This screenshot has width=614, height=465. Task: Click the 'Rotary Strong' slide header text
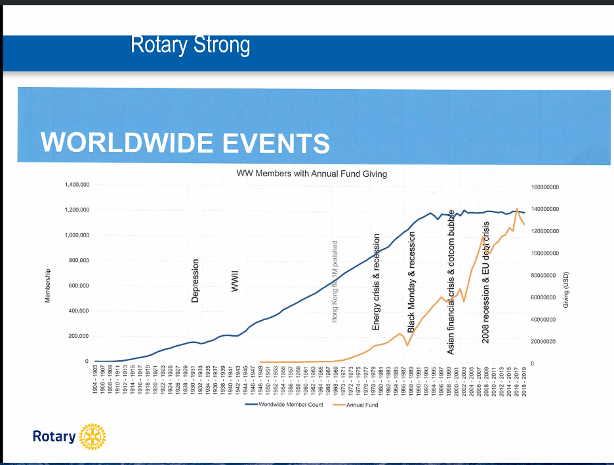(x=190, y=45)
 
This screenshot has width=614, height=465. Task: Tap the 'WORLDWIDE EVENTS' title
(x=185, y=142)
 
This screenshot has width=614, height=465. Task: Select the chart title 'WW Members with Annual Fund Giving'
(x=312, y=174)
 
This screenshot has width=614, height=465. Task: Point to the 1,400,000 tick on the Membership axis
(x=77, y=185)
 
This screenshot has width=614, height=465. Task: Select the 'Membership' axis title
(x=47, y=289)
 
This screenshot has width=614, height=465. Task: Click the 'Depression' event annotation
(x=195, y=281)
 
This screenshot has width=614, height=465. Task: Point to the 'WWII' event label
(x=234, y=281)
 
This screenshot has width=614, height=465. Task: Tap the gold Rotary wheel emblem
(x=92, y=436)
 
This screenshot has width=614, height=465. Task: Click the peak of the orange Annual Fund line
(x=518, y=209)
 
